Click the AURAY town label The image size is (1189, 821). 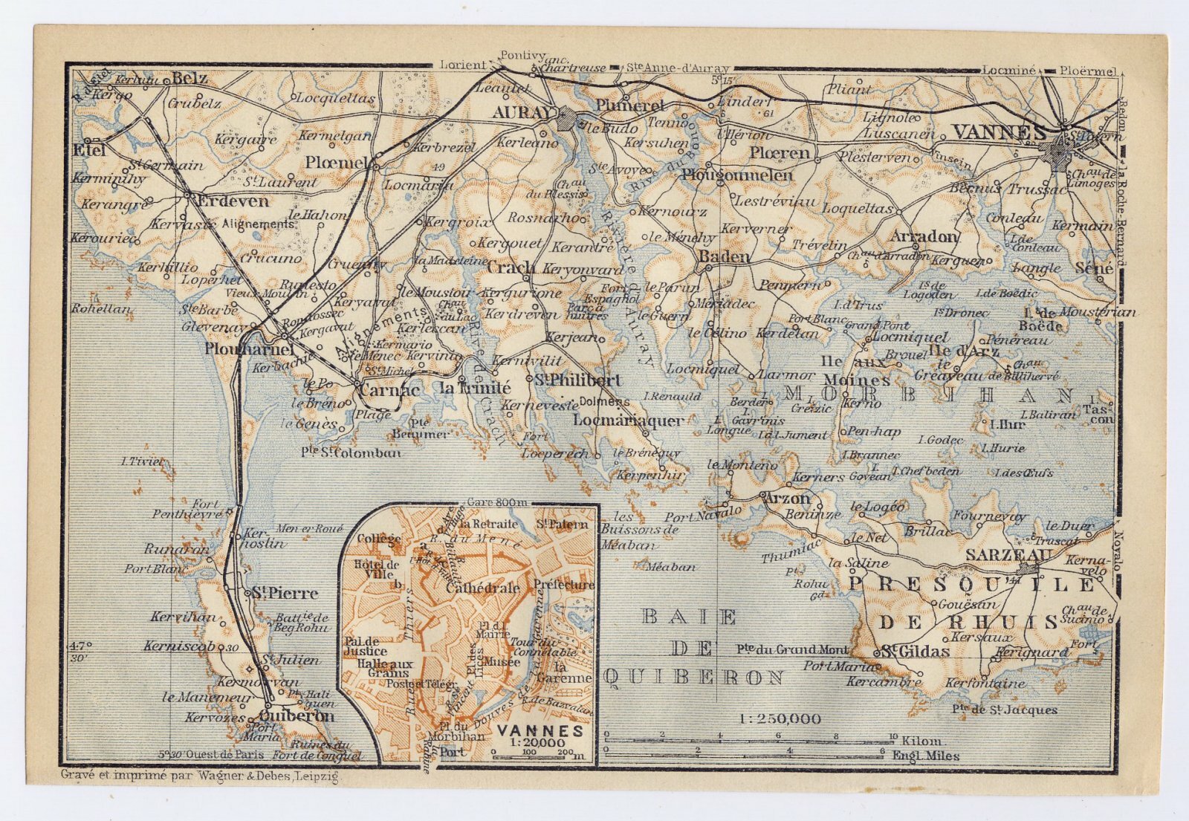tap(524, 112)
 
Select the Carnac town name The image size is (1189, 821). tap(389, 389)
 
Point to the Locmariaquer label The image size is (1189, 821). tap(629, 421)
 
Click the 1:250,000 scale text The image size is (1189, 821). tap(780, 718)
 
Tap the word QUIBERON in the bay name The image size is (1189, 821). tap(695, 677)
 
